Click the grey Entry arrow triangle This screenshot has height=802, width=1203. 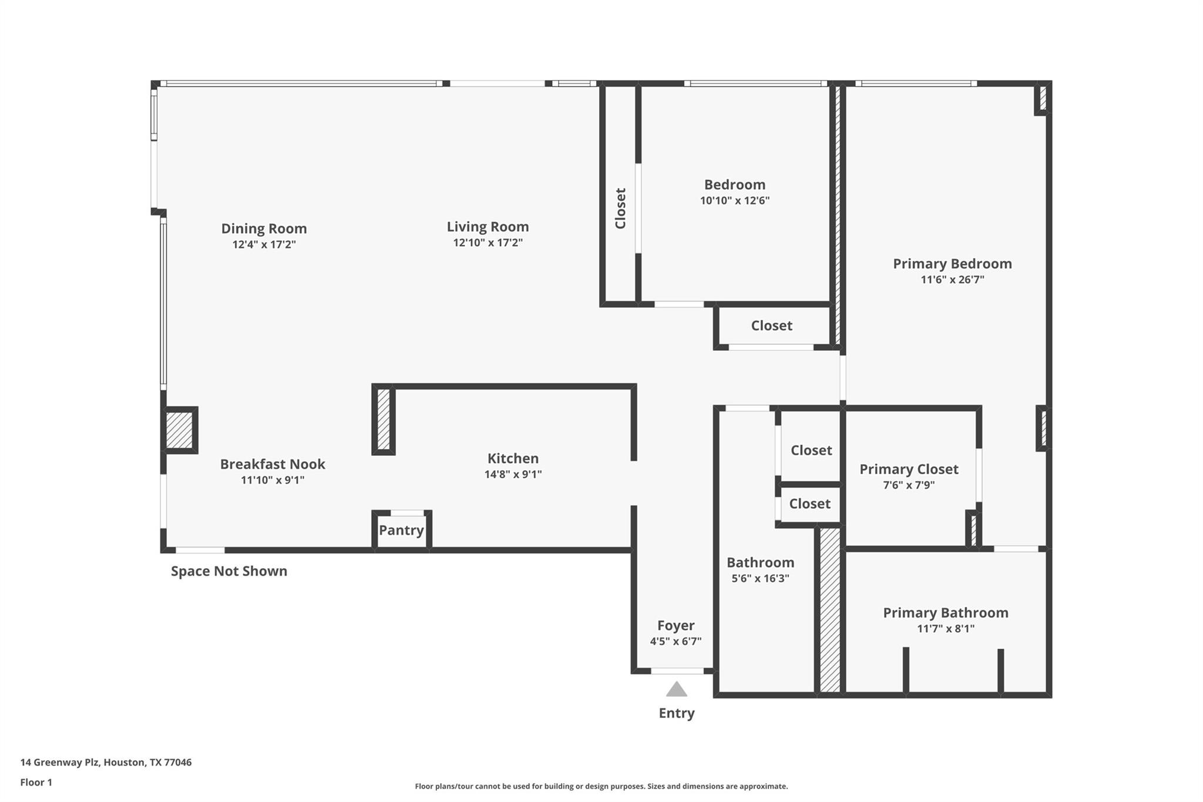pos(677,689)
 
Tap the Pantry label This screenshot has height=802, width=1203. pos(401,530)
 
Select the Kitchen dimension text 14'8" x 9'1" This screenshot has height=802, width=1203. pos(513,474)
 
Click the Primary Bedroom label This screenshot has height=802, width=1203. pos(952,264)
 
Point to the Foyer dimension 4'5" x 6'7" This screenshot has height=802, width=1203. pos(676,641)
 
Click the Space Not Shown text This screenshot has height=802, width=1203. pos(228,571)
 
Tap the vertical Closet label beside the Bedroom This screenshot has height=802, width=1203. pos(620,209)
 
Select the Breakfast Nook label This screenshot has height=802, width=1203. pos(273,464)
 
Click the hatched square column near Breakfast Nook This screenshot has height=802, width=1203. pos(179,430)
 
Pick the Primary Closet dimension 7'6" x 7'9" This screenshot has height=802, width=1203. pos(909,485)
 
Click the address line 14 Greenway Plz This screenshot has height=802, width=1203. pos(106,762)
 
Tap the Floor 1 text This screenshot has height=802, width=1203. pos(36,782)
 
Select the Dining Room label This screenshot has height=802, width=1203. pos(264,229)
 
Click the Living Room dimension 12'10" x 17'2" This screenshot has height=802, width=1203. pos(488,243)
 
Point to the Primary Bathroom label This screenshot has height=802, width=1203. pos(945,613)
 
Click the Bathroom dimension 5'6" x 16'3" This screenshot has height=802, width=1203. pos(760,578)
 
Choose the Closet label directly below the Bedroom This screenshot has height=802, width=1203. pos(771,326)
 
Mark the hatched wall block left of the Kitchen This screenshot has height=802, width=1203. pos(384,420)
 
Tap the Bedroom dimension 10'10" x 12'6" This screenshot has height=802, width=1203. pos(734,200)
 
